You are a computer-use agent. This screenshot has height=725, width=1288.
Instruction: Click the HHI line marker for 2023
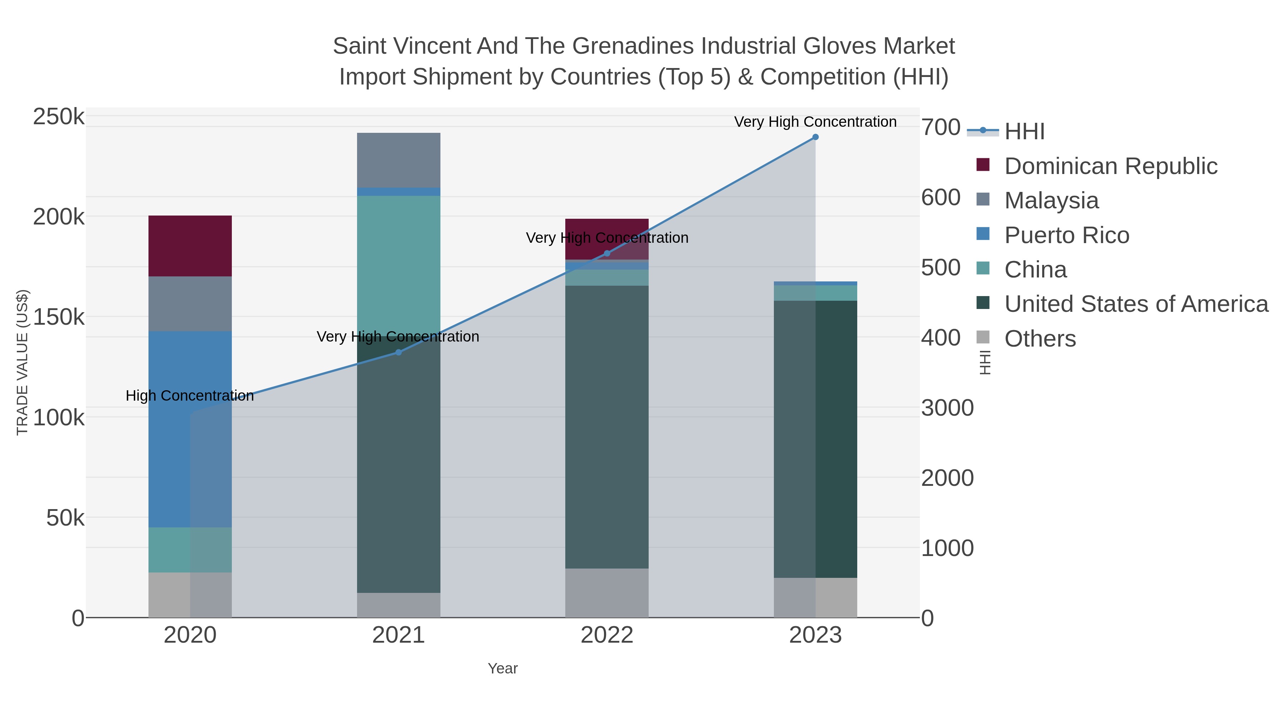click(815, 137)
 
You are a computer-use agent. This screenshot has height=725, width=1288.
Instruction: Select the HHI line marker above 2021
click(399, 352)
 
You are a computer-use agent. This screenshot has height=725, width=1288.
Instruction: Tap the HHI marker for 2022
click(607, 253)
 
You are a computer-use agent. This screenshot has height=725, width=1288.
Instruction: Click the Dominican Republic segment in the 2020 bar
click(190, 246)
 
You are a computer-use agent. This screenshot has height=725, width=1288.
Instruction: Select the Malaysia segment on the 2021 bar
click(399, 160)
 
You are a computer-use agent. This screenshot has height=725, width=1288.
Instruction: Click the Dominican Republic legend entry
click(1111, 166)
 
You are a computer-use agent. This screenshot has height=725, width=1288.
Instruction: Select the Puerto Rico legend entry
click(1067, 235)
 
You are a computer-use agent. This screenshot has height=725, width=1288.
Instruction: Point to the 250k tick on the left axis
click(59, 117)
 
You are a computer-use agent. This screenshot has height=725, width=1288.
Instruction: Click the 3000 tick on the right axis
click(947, 408)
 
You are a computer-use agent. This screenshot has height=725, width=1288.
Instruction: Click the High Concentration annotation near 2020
click(190, 396)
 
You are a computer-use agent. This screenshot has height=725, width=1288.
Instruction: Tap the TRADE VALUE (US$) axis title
click(23, 362)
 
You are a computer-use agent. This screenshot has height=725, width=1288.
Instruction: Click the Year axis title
click(503, 668)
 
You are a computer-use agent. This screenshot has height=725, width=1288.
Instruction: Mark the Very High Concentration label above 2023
click(815, 122)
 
